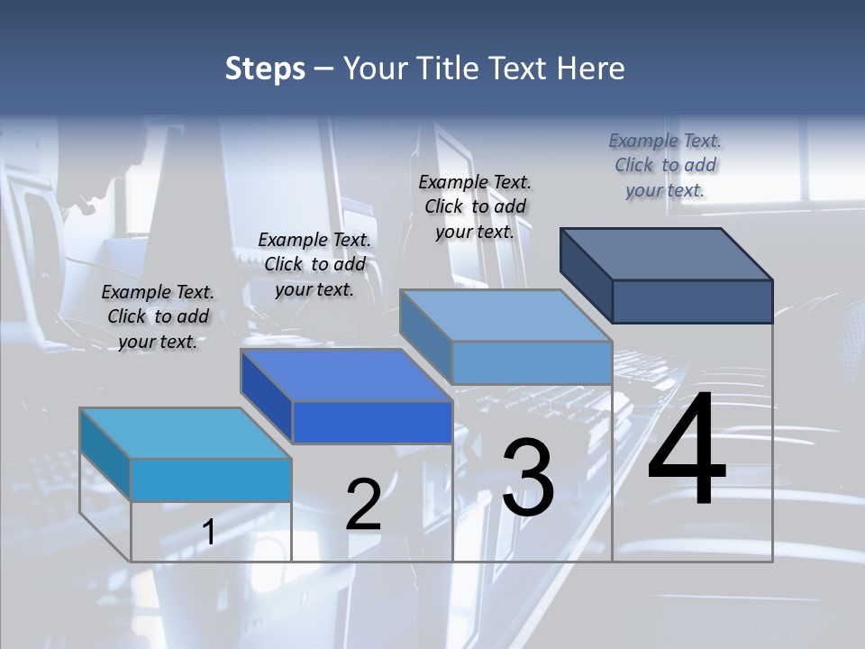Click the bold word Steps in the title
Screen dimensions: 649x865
(x=265, y=69)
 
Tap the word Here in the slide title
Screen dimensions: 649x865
(x=590, y=69)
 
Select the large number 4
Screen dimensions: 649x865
(x=687, y=451)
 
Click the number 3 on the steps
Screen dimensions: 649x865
(x=528, y=478)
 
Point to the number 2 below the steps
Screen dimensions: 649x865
(x=364, y=505)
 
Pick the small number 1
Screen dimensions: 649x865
(x=208, y=533)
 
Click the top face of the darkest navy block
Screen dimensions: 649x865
(x=667, y=253)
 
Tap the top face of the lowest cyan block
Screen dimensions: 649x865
(x=186, y=434)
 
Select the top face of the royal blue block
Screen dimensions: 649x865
(x=346, y=374)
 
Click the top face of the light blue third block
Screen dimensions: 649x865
(x=506, y=315)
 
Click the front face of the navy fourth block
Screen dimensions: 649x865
(x=692, y=301)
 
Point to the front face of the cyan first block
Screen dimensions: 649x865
(x=211, y=480)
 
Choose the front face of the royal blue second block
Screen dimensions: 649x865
(x=372, y=422)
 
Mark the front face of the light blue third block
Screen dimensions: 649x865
(x=532, y=362)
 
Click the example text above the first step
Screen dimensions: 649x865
(x=158, y=316)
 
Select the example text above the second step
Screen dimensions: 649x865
(x=314, y=264)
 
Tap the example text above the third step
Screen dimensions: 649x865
(x=475, y=206)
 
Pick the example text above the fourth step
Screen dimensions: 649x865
(x=665, y=165)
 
